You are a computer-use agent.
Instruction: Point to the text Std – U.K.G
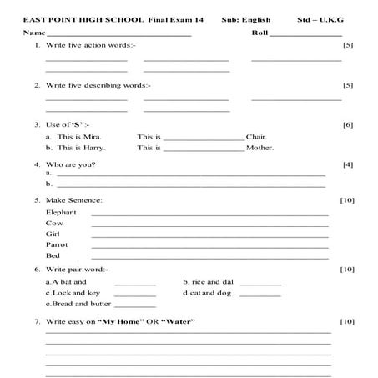[320, 18]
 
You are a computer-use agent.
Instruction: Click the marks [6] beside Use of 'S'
[348, 124]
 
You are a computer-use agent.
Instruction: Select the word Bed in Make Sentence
[53, 255]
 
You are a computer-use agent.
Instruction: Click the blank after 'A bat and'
[135, 285]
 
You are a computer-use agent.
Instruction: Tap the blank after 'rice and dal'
[260, 285]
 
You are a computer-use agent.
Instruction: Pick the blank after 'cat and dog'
[260, 295]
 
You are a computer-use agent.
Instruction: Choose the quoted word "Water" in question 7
[172, 321]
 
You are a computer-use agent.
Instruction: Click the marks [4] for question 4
[348, 164]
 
